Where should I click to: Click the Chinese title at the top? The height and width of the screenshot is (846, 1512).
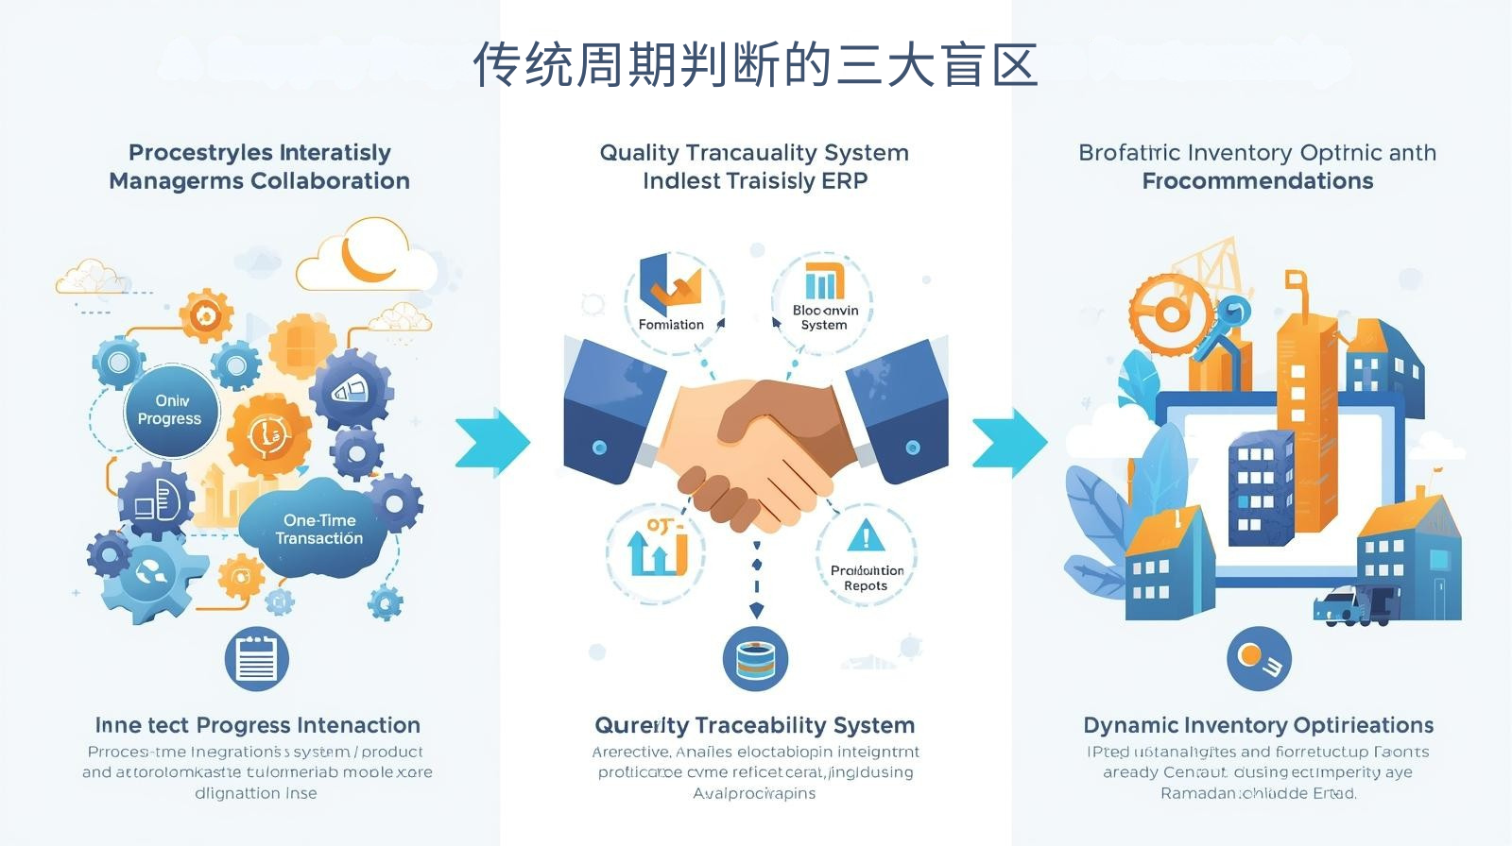pos(755,65)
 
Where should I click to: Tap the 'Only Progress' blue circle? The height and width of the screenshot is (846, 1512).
pos(170,410)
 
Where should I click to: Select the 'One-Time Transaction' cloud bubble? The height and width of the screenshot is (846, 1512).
pos(318,529)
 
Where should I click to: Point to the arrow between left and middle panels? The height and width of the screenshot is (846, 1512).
pos(492,441)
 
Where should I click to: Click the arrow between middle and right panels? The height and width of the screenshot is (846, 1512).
pos(1010,441)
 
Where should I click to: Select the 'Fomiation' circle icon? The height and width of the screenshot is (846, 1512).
pos(673,298)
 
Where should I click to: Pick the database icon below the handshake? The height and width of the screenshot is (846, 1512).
pos(755,658)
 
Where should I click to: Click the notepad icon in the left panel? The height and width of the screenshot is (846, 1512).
pos(256,658)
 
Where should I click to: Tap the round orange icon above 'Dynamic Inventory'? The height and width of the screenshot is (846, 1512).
pos(1258,658)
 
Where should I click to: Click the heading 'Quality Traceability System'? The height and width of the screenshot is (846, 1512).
pos(754,725)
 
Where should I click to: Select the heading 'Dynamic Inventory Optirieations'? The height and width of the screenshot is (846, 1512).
pos(1258,725)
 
